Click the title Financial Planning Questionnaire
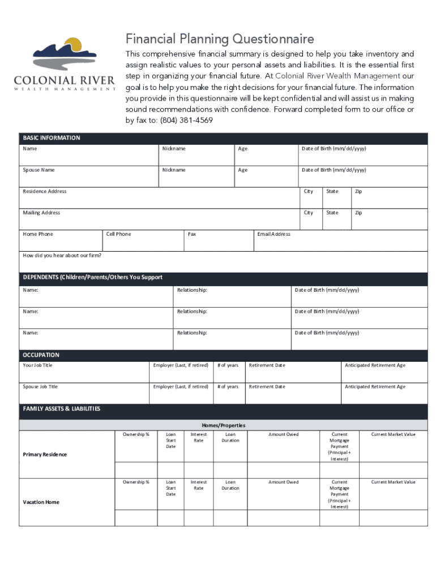[x=219, y=39]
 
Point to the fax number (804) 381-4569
[x=186, y=120]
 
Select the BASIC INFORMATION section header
[x=52, y=138]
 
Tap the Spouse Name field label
[x=39, y=170]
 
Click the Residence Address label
[x=45, y=192]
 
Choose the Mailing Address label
[x=41, y=213]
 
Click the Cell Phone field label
[x=118, y=234]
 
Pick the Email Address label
[x=273, y=234]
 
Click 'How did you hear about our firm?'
[x=62, y=256]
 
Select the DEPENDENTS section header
[x=92, y=278]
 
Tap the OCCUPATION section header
[x=41, y=355]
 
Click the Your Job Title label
[x=38, y=365]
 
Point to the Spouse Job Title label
[x=40, y=387]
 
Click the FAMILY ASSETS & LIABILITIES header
[x=61, y=409]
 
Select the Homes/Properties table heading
[x=224, y=425]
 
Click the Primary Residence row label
[x=45, y=455]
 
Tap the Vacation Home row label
[x=41, y=502]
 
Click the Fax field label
[x=192, y=234]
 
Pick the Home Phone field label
[x=38, y=234]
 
